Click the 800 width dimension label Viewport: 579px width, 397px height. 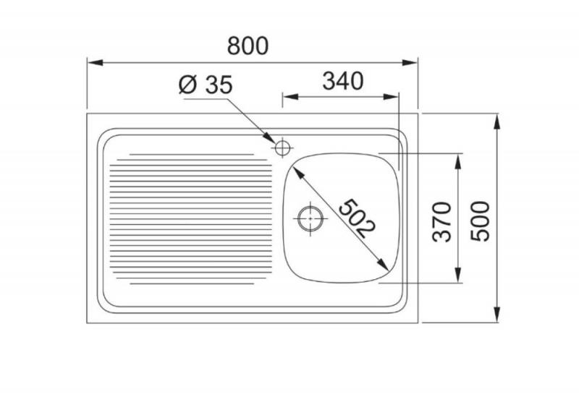tap(248, 46)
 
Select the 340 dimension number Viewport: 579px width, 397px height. tap(339, 82)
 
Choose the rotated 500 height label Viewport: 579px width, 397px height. tap(481, 221)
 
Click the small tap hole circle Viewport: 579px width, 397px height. tap(282, 148)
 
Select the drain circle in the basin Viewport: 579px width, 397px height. tap(310, 217)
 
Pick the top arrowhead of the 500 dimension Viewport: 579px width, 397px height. tap(498, 120)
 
